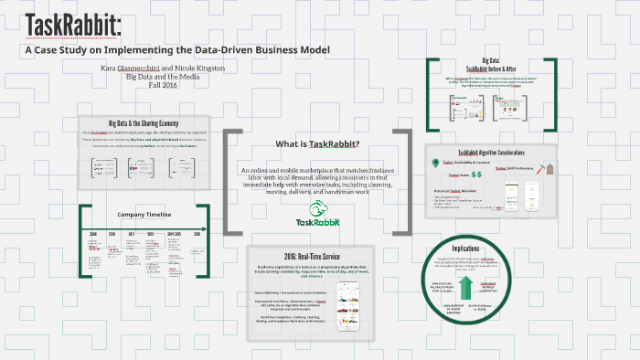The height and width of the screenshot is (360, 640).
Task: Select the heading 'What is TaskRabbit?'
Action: pyautogui.click(x=317, y=143)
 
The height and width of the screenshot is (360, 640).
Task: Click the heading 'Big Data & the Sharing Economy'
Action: pyautogui.click(x=144, y=122)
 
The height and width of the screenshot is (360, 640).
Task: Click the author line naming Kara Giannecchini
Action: pyautogui.click(x=174, y=69)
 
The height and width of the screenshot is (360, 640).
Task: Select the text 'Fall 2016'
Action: pyautogui.click(x=174, y=85)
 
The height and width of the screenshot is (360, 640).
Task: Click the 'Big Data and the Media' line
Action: pyautogui.click(x=174, y=78)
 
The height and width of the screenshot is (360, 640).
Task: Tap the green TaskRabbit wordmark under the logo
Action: pyautogui.click(x=318, y=222)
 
